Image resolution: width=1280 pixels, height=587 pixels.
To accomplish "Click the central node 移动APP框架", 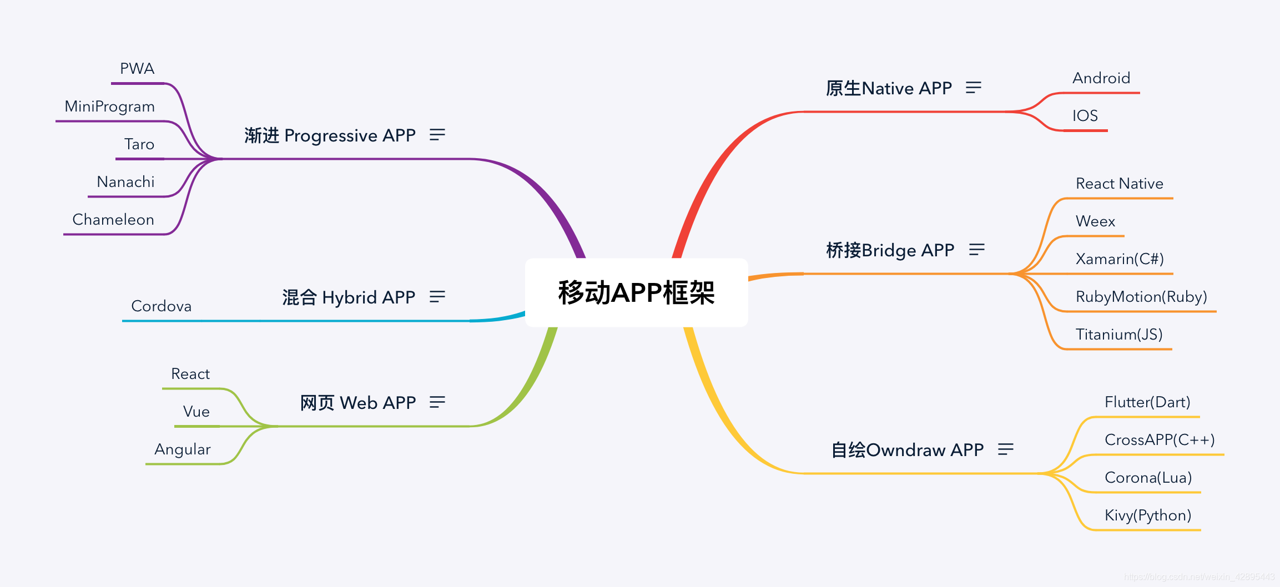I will tap(636, 292).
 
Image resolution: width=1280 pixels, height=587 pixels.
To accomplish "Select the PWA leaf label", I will tap(137, 69).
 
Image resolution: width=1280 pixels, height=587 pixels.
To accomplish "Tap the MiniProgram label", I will tap(109, 107).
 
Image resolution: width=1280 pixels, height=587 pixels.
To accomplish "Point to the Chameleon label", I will tap(113, 220).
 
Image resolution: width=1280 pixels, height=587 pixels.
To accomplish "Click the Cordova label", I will tap(161, 306).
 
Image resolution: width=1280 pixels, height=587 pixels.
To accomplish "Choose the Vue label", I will tap(196, 412).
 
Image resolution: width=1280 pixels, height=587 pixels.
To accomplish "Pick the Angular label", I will tap(182, 449).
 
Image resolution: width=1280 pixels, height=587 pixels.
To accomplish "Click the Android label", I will tap(1101, 78).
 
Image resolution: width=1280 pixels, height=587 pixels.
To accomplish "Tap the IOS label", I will tap(1085, 116).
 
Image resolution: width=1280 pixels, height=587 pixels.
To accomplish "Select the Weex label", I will tap(1095, 221).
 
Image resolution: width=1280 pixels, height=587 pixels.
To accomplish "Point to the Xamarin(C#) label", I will tap(1119, 259).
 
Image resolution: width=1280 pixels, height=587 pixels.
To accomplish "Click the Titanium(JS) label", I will tap(1118, 335).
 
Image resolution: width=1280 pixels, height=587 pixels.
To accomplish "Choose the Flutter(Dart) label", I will tap(1147, 402).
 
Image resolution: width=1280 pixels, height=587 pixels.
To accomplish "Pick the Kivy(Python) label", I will tap(1147, 515).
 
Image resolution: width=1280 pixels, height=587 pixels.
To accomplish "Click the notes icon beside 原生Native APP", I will tap(973, 88).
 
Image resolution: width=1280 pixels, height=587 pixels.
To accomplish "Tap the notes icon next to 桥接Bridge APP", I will tap(976, 250).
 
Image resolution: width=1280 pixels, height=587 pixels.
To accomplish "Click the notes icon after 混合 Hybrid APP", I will tap(437, 297).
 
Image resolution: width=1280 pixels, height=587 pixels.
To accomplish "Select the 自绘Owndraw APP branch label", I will tap(907, 450).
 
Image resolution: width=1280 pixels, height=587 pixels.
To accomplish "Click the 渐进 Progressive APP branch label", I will tap(330, 136).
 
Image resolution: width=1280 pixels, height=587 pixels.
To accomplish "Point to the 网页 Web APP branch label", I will tap(357, 403).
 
